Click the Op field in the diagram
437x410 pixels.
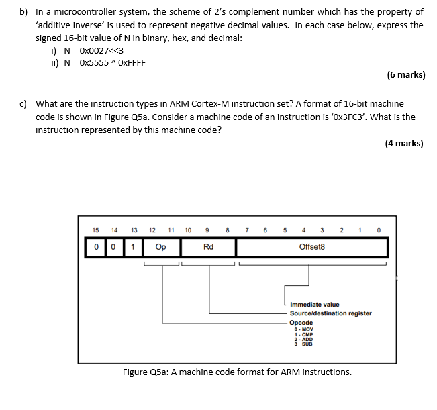click(x=161, y=247)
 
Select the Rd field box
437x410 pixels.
click(x=208, y=247)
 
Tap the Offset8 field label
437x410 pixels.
click(x=311, y=247)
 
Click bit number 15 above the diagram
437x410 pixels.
click(x=95, y=230)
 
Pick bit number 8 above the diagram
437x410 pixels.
click(x=228, y=230)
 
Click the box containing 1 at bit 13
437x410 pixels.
click(x=134, y=247)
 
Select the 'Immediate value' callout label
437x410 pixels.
click(x=315, y=305)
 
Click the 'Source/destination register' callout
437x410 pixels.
click(x=330, y=313)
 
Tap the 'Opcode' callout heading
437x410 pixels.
click(x=301, y=322)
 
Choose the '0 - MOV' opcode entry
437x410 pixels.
click(x=304, y=329)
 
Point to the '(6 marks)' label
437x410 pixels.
click(x=406, y=74)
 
